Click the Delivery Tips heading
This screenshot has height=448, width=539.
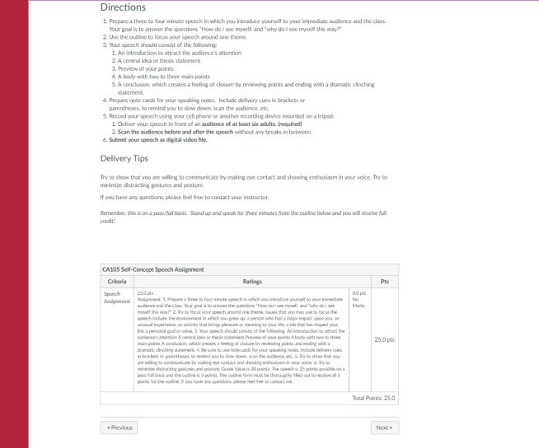point(124,158)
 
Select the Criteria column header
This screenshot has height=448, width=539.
point(116,282)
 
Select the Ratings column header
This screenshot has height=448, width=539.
point(241,282)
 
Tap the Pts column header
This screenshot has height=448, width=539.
point(384,282)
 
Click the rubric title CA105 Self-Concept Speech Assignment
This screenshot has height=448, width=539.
point(152,269)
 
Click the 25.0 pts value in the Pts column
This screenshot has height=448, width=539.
point(383,339)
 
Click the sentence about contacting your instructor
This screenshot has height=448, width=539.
point(187,198)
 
